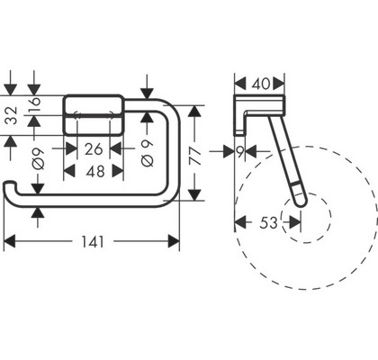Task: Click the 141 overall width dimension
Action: (x=93, y=242)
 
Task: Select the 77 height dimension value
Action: (x=196, y=156)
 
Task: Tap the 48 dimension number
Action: (x=95, y=172)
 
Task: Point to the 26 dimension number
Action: (x=94, y=149)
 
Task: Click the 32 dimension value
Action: (x=12, y=115)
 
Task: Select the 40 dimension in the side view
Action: (x=261, y=84)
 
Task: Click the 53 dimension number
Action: (x=269, y=222)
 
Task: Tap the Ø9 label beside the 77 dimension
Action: (x=147, y=153)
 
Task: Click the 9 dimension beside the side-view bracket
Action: (x=240, y=152)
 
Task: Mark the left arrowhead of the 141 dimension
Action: (x=9, y=241)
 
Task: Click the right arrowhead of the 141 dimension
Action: (x=174, y=241)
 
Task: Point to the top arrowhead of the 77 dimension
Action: (x=195, y=112)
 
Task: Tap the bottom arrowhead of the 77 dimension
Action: (x=195, y=194)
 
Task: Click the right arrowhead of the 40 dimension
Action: (x=278, y=84)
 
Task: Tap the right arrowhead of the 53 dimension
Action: (x=295, y=222)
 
